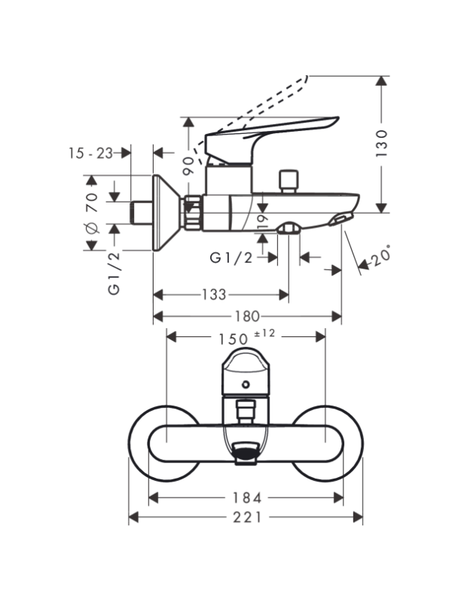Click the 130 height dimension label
[382, 143]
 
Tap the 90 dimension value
[189, 166]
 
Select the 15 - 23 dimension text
[91, 154]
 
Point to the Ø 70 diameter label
[92, 214]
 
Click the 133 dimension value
[214, 294]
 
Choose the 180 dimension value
[247, 316]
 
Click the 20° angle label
[380, 256]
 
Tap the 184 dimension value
[247, 498]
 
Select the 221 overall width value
[247, 517]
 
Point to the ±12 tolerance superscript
[265, 333]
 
